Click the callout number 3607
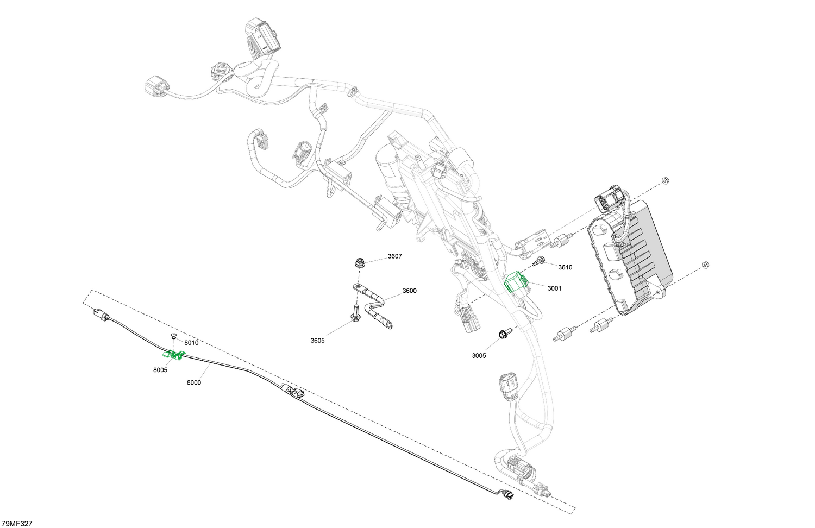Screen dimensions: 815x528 click(x=395, y=256)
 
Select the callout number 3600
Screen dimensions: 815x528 click(x=409, y=291)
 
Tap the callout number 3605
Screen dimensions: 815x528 click(x=317, y=341)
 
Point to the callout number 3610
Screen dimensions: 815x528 click(x=565, y=268)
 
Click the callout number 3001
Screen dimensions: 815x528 click(x=555, y=288)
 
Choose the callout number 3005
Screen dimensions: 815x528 click(x=479, y=356)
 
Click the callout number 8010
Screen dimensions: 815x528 click(x=191, y=343)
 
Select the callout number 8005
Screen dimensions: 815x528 click(x=160, y=370)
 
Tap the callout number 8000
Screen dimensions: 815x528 click(x=194, y=382)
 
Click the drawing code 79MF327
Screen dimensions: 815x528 click(x=17, y=524)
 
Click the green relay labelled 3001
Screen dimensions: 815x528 click(x=516, y=281)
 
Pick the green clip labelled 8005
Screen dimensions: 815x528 click(x=173, y=355)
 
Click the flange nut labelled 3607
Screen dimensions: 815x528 click(x=360, y=262)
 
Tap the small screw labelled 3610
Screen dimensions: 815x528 click(x=538, y=261)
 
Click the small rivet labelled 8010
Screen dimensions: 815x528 click(x=174, y=335)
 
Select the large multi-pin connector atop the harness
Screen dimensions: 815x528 click(x=264, y=36)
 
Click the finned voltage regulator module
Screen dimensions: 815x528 click(x=629, y=256)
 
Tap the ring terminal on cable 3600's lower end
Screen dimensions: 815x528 click(x=386, y=324)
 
